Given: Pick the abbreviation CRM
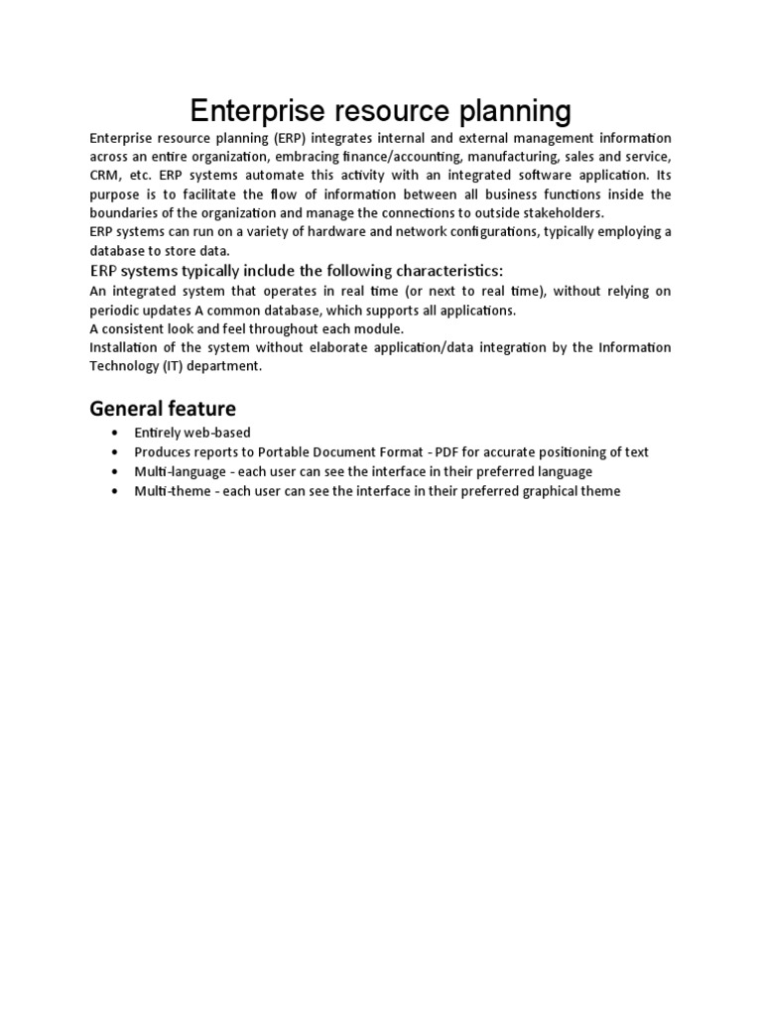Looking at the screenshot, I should coord(104,176).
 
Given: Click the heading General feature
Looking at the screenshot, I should coord(163,408).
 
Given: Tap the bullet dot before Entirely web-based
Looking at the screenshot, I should coord(116,434).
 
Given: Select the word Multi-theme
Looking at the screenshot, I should coord(167,491).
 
